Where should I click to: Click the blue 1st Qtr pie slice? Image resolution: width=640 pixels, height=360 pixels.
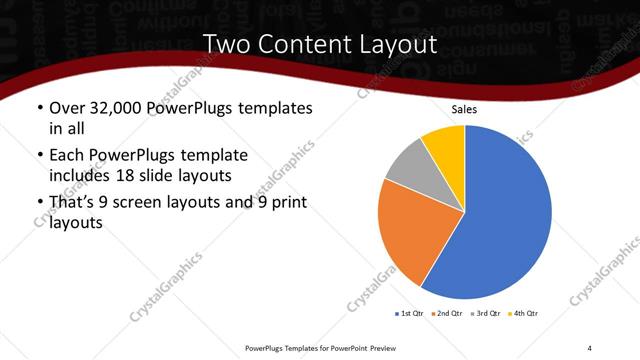pyautogui.click(x=500, y=215)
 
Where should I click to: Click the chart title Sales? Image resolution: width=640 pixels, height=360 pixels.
pyautogui.click(x=464, y=109)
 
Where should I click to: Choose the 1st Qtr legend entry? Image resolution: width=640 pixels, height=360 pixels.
pyautogui.click(x=411, y=314)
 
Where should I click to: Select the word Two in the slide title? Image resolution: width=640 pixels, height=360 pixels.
pyautogui.click(x=226, y=45)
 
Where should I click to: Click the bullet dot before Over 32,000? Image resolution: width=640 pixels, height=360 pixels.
pyautogui.click(x=39, y=108)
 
